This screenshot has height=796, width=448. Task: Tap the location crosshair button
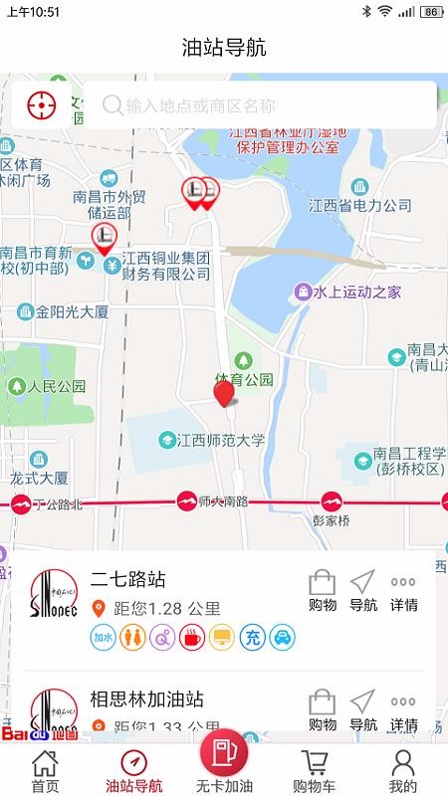(41, 104)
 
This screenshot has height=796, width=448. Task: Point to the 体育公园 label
(244, 379)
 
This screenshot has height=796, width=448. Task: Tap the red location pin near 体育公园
(225, 393)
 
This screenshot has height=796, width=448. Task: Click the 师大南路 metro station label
(223, 500)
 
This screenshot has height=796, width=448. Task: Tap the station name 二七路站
(128, 579)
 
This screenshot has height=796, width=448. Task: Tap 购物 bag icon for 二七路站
(323, 589)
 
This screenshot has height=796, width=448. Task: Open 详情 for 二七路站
(403, 589)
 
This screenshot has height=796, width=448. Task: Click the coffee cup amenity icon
(192, 637)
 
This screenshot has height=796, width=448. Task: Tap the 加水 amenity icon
(104, 637)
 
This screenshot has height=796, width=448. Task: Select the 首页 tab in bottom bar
(44, 770)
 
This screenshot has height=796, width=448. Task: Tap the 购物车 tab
(315, 770)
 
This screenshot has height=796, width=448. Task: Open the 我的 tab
(402, 770)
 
